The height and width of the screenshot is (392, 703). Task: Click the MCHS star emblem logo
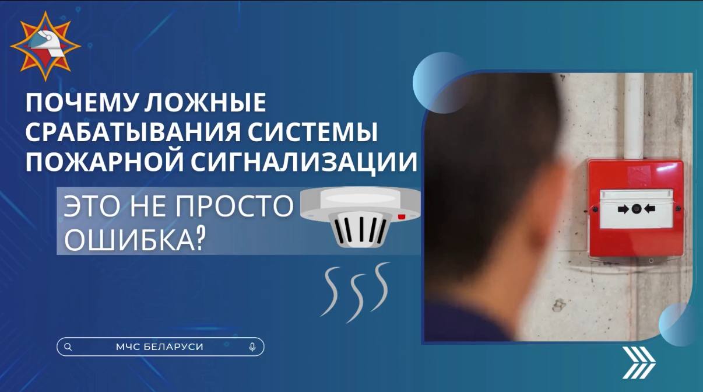[x=45, y=47]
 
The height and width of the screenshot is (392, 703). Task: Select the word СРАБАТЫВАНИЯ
[x=133, y=132]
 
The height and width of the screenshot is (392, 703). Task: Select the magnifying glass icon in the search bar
[x=68, y=346]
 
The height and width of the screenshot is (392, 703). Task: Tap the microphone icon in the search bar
[x=252, y=346]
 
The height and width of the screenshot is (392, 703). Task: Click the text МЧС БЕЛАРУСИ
[x=160, y=346]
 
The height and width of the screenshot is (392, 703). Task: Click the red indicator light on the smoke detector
[x=402, y=216]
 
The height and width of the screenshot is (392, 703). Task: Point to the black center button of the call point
[x=636, y=209]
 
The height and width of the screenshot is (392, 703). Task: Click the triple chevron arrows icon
[x=639, y=362]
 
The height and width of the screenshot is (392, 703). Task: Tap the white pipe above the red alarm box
[x=634, y=116]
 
